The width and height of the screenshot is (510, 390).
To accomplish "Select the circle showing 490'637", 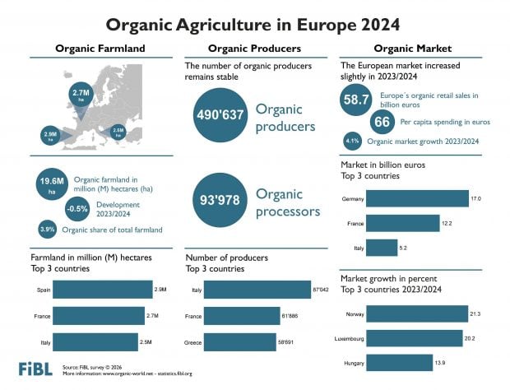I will click(x=219, y=115).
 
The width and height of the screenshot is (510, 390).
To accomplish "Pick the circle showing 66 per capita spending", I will click(x=382, y=122).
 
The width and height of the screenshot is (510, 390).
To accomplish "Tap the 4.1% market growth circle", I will click(x=352, y=140).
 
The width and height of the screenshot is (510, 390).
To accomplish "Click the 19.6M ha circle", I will click(x=51, y=185).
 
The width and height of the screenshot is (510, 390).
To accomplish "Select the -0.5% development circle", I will click(x=77, y=208).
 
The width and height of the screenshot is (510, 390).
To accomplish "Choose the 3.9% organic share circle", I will click(x=48, y=230).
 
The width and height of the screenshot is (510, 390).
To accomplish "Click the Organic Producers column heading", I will click(x=254, y=49).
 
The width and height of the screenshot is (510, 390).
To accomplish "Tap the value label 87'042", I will click(x=322, y=290).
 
